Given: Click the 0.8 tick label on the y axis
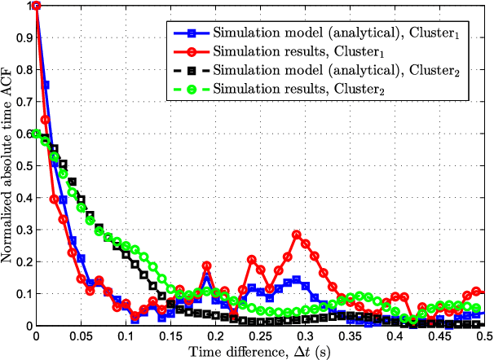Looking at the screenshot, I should [x=24, y=70].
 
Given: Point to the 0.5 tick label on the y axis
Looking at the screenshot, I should [x=24, y=166].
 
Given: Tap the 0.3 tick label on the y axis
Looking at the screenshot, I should [x=24, y=230].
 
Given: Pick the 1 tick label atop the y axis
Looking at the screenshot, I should [x=29, y=7].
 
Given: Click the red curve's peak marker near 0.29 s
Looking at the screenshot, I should [x=296, y=235].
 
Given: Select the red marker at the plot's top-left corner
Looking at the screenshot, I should [x=36, y=7].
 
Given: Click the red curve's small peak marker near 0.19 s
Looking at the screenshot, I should [x=206, y=266].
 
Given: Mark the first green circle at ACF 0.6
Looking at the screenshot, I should [x=36, y=134].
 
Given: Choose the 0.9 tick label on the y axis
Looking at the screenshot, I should [x=24, y=38].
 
